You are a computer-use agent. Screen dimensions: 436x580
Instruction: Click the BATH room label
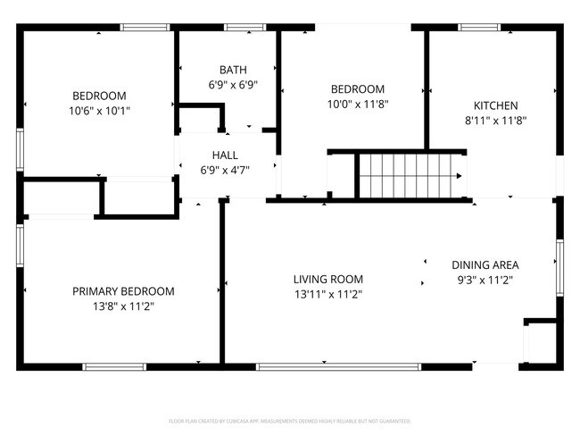pos(233,70)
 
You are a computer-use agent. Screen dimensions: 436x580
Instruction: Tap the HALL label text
pos(225,155)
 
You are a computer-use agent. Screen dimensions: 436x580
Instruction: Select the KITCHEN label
pos(495,105)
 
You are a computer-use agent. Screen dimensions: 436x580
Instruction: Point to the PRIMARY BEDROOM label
pos(123,291)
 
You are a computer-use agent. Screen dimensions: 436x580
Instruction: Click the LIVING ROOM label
pos(328,279)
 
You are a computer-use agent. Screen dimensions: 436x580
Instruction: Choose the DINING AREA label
pos(485,265)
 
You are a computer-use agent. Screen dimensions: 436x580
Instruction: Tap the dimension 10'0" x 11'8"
pos(358,104)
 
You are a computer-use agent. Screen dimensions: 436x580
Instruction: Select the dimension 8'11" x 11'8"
pos(495,120)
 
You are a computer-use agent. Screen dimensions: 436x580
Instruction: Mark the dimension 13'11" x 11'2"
pos(328,293)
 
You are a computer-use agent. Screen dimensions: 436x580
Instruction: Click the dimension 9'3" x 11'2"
pos(485,280)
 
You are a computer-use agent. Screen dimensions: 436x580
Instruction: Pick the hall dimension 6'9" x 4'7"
pos(225,170)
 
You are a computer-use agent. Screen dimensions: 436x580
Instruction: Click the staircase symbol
pos(411,175)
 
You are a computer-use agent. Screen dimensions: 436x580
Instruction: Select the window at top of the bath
pos(239,28)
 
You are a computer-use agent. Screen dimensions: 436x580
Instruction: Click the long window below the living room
pos(338,365)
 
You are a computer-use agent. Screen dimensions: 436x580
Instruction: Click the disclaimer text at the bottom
pos(290,420)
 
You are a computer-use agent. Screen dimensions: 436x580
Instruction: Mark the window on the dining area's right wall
pos(559,266)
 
